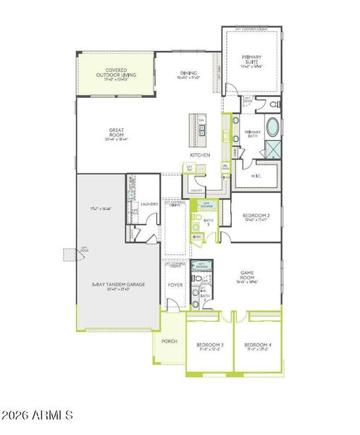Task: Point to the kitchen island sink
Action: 202,130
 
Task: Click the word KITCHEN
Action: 200,155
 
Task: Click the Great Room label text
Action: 117,133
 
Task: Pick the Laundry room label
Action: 149,204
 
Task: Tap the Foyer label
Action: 175,285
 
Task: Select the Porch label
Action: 169,341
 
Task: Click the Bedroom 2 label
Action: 256,215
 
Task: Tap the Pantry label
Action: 195,190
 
